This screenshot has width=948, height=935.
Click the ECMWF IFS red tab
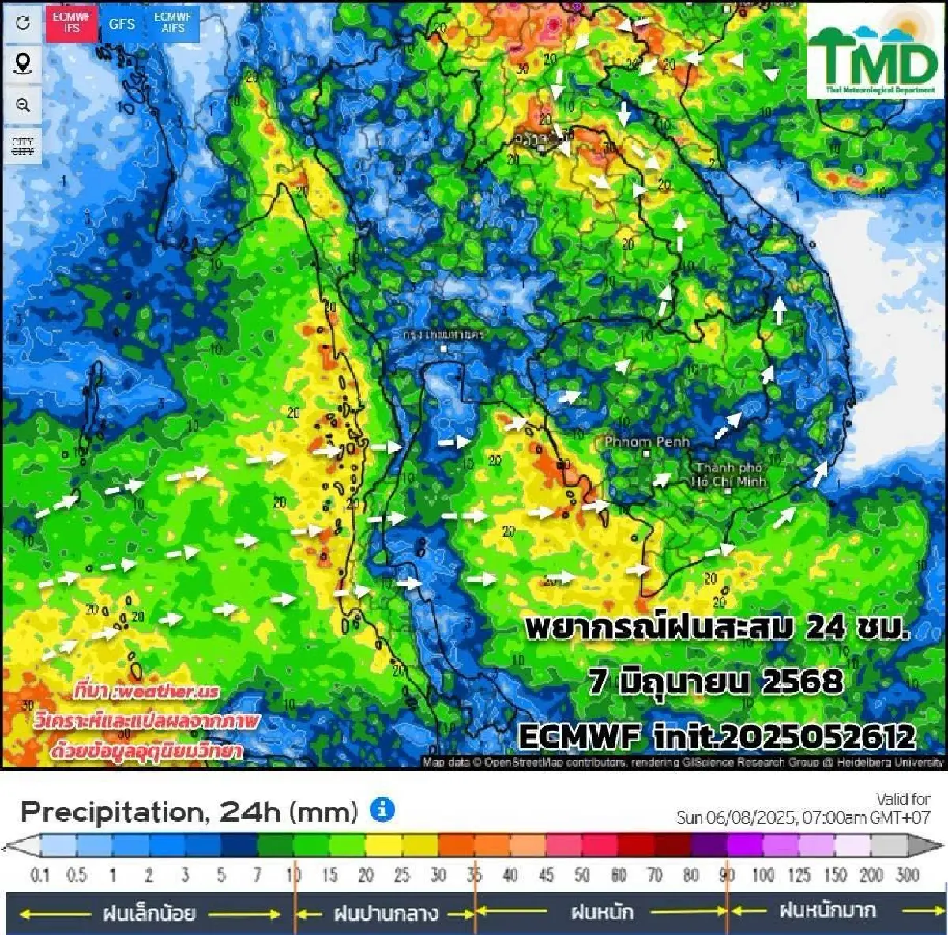coord(72,23)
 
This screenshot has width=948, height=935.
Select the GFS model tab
coord(122,24)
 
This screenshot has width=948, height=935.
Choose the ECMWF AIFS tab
coord(172,23)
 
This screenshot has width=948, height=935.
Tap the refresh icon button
coord(23,23)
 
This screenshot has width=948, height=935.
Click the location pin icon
coord(23,63)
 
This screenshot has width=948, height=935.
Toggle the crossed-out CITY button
coord(23,146)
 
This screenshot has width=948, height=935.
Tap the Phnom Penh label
coord(646,442)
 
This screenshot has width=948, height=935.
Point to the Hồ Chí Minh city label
coord(728,474)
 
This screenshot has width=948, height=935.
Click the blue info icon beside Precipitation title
coord(382,809)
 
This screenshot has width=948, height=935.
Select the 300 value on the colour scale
coord(908,875)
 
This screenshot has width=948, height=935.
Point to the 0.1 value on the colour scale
coord(39,875)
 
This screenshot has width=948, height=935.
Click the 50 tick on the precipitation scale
coord(582,875)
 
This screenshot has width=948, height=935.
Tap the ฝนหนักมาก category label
coord(827,910)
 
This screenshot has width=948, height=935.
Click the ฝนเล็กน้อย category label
coord(149,914)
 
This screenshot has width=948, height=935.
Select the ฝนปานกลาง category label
coord(386,914)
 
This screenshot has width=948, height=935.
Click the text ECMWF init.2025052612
coord(717,737)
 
